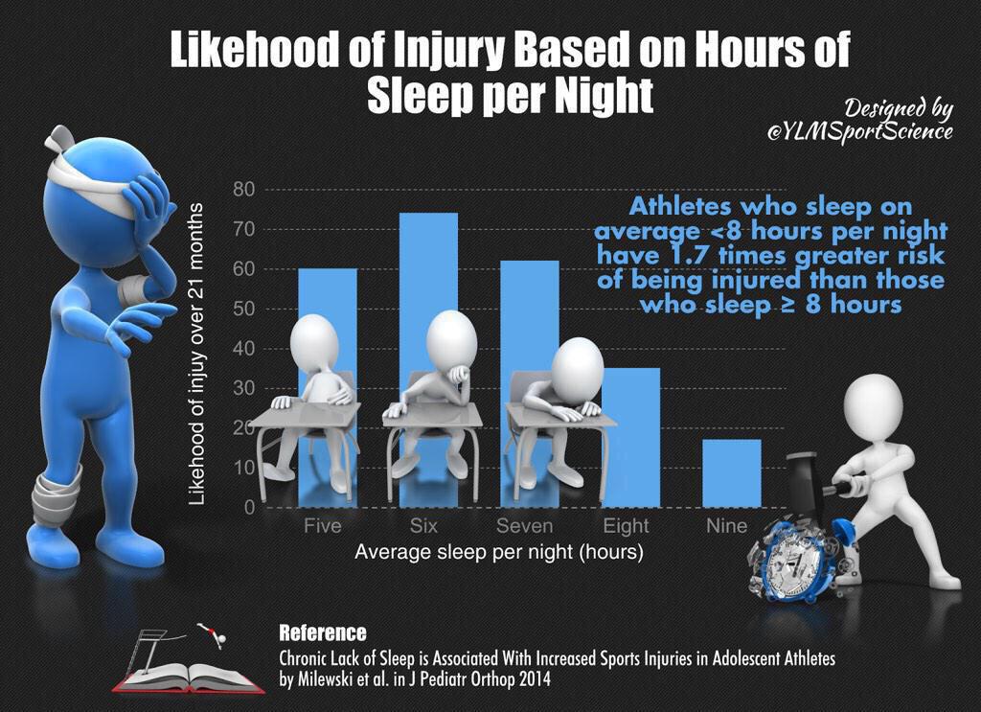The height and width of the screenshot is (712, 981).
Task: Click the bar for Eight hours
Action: point(631,436)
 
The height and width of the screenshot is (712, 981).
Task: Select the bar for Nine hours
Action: point(732,472)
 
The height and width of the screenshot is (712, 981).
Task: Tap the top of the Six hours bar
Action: point(428,215)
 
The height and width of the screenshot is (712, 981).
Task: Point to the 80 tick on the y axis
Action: point(243,190)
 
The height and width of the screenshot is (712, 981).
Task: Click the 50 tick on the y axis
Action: point(243,309)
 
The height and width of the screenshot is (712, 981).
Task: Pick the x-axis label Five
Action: point(322,526)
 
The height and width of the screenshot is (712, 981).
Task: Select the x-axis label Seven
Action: point(524,526)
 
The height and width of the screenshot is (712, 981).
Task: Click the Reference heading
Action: point(322,632)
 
